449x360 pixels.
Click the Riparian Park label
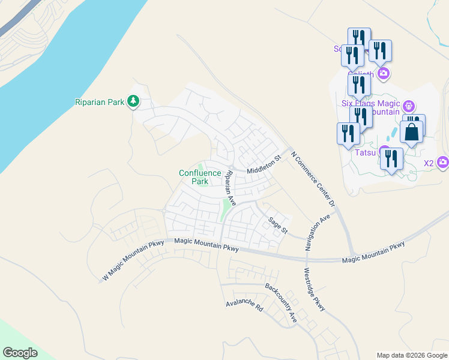(99, 102)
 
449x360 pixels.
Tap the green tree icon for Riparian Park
(133, 102)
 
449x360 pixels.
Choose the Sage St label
(279, 226)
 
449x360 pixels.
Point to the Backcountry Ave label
(281, 304)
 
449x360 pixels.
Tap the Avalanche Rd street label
(245, 305)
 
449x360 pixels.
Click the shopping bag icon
(412, 133)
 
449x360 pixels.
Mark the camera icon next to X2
(442, 163)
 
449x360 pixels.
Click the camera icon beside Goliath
(383, 74)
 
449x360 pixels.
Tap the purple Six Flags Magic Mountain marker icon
(409, 107)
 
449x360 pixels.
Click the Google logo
(20, 353)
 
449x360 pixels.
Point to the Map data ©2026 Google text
(412, 355)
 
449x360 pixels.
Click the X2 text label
(429, 163)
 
